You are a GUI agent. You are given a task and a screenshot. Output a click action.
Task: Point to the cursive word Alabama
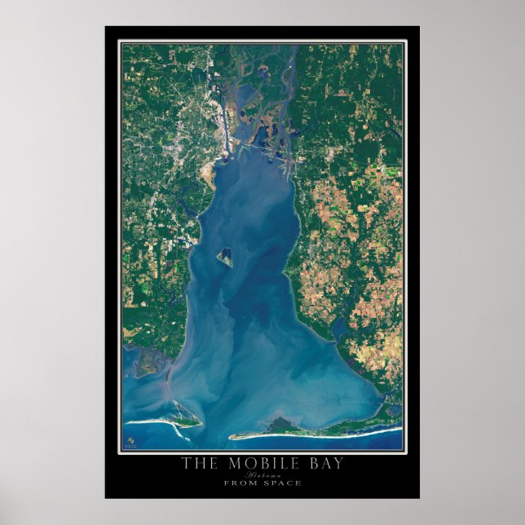click(262, 474)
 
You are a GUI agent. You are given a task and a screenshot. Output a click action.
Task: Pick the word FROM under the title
click(241, 483)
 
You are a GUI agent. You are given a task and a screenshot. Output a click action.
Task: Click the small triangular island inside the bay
click(225, 258)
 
